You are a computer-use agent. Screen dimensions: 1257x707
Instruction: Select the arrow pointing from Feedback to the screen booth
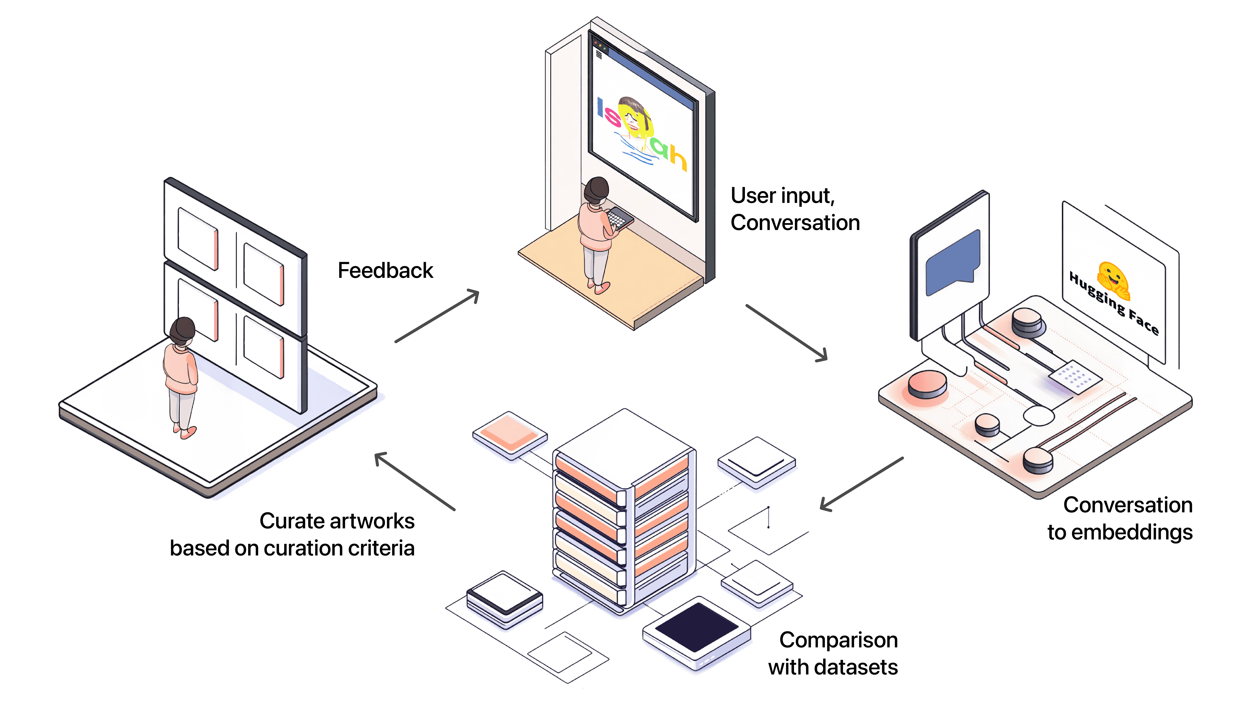(x=437, y=316)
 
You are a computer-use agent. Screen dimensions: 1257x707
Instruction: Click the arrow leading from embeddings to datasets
(x=861, y=484)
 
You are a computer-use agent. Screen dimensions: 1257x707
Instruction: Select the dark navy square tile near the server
(x=697, y=627)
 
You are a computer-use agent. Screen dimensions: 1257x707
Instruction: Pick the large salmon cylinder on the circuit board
(x=927, y=384)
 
